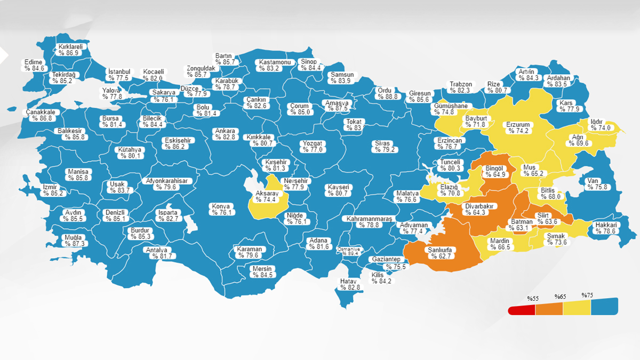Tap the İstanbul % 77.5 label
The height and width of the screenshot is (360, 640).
[118, 75]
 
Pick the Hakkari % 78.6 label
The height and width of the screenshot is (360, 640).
[605, 228]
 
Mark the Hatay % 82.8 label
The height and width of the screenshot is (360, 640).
[350, 284]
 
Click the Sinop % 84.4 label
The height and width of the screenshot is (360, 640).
[310, 65]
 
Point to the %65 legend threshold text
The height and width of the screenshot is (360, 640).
[559, 297]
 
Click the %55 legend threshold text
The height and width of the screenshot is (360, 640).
[532, 298]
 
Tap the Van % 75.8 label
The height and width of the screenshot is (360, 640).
[596, 184]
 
